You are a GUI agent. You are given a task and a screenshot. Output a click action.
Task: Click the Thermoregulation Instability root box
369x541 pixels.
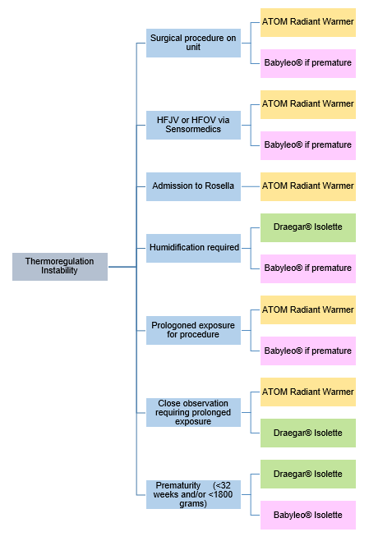point(59,266)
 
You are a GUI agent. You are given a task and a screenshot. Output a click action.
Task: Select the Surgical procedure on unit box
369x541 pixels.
point(193,43)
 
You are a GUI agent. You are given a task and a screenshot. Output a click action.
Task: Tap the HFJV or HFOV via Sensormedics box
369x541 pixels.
point(193,125)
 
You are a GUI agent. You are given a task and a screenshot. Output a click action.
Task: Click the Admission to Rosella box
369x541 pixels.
point(193,186)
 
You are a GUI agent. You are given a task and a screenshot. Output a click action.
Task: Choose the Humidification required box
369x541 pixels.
point(193,248)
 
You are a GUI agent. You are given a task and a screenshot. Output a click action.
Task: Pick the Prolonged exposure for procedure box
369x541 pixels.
point(193,330)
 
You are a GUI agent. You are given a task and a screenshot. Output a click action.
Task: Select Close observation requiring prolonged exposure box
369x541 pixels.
point(193,412)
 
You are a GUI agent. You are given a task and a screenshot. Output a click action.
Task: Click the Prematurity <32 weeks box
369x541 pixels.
point(193,494)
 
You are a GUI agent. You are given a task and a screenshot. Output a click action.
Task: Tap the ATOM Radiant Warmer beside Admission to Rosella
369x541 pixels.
point(307,186)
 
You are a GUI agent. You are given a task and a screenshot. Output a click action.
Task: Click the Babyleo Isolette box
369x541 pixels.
point(307,515)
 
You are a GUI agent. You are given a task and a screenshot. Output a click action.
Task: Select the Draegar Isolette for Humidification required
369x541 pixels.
point(307,227)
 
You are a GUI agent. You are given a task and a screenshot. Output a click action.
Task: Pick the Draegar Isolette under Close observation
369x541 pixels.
point(307,433)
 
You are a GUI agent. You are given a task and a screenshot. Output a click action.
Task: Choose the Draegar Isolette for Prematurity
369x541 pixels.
point(307,474)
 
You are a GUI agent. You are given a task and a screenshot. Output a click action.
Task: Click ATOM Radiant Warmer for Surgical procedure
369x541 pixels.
point(307,22)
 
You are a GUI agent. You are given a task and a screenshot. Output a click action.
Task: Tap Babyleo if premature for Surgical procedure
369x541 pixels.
point(307,63)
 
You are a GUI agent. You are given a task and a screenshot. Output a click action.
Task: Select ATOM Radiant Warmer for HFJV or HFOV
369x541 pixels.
point(307,104)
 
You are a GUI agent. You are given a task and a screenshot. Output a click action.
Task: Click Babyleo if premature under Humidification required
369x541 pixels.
point(307,268)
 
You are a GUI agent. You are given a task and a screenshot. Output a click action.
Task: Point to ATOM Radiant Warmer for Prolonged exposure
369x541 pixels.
point(307,309)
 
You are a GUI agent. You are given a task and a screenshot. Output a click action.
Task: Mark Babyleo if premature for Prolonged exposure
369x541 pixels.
point(307,351)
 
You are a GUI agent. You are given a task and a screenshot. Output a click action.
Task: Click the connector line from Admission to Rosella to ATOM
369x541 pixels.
point(251,186)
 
